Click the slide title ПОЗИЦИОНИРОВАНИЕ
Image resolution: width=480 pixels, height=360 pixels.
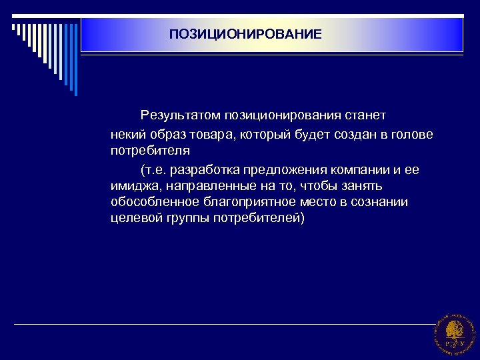(x=245, y=33)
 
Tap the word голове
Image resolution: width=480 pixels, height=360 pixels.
(x=411, y=135)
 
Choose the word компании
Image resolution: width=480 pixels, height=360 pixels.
(x=354, y=169)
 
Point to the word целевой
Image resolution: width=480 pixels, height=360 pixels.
(x=133, y=219)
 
